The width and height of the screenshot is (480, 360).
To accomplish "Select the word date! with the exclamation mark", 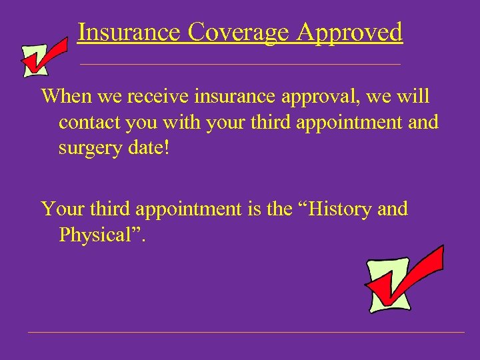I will coord(152,148).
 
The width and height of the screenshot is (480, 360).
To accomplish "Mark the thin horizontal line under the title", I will coord(240,64).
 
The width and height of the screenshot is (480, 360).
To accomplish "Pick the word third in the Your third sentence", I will coord(109,209).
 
